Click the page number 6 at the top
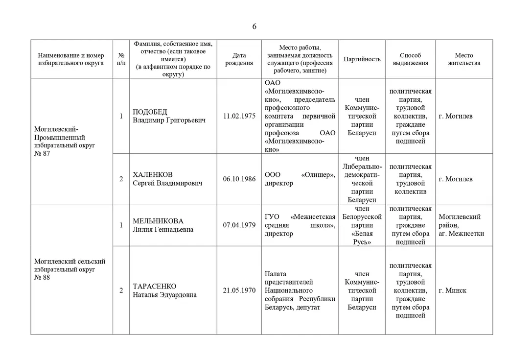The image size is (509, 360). click(x=254, y=26)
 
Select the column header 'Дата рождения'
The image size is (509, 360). click(x=239, y=59)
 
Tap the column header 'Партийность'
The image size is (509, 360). click(x=362, y=59)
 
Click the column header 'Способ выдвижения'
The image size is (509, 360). click(x=410, y=59)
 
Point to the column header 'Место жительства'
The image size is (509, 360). click(x=463, y=59)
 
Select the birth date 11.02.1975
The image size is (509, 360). click(x=239, y=117)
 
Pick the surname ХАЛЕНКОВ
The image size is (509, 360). click(x=153, y=175)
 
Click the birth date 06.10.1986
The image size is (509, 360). click(x=239, y=179)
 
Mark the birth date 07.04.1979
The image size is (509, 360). click(x=239, y=225)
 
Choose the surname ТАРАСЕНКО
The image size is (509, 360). click(x=155, y=286)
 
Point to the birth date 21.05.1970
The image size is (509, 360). click(x=239, y=290)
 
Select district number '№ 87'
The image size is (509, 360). click(x=43, y=153)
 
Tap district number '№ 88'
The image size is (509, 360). click(x=43, y=278)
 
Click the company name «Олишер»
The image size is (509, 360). click(x=318, y=175)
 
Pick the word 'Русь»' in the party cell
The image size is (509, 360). click(x=362, y=242)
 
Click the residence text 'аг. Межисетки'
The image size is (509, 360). click(x=462, y=234)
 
